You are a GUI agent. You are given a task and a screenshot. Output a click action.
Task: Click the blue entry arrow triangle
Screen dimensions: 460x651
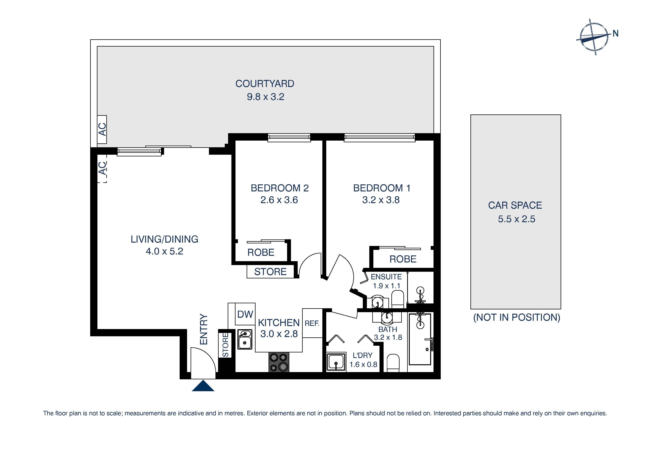click(203, 387)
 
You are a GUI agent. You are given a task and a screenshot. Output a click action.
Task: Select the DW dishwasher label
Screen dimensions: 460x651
click(245, 314)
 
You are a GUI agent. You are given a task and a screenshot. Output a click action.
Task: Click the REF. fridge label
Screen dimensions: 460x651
click(312, 323)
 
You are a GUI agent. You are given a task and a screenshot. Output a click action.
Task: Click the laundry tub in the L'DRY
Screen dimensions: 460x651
click(336, 362)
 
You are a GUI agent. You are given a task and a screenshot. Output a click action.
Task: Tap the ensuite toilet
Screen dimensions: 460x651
click(397, 299)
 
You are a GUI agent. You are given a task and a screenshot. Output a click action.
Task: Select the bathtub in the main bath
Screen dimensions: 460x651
click(420, 340)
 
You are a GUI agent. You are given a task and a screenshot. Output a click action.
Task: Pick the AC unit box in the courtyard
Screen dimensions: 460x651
click(102, 129)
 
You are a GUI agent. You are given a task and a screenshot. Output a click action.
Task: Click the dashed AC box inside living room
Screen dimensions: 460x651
click(102, 168)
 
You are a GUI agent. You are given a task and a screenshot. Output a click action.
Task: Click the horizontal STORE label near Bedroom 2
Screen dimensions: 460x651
click(270, 272)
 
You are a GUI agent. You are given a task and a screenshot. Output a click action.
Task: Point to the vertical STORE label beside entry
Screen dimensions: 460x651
click(225, 345)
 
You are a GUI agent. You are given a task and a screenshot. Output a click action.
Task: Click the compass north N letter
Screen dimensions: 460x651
click(615, 33)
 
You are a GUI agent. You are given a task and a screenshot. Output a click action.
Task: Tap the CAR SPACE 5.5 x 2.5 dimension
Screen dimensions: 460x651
click(516, 219)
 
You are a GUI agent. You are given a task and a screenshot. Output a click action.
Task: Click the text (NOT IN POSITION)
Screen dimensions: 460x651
click(517, 317)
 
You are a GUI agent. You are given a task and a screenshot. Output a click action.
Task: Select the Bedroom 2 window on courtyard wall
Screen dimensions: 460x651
click(289, 138)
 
